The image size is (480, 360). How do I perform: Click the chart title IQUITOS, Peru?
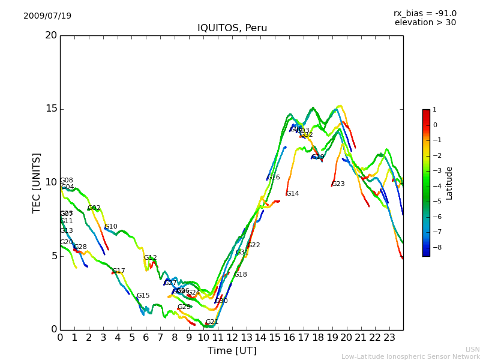point(232,28)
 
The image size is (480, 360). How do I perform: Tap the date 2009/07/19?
point(47,16)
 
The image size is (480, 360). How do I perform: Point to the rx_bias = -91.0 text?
point(425,13)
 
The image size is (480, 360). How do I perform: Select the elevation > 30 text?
point(425,23)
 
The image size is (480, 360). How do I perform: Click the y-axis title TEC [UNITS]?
point(37,182)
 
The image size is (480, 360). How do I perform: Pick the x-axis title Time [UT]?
point(232,350)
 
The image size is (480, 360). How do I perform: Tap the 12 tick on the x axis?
point(232,338)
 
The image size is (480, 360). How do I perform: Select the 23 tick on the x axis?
point(389,338)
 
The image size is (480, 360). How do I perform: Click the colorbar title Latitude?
point(449,183)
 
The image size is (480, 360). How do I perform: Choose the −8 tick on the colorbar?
point(436,247)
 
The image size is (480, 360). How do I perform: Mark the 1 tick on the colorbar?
point(434,110)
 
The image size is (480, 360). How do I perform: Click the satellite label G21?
point(212,322)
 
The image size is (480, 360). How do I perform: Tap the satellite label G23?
point(338,184)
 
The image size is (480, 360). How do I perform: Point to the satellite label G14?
point(292,194)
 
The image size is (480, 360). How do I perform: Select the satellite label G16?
point(273,178)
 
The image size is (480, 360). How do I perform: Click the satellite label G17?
point(118,271)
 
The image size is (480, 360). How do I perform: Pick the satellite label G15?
point(143,296)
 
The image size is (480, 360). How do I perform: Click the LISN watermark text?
point(472,349)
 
